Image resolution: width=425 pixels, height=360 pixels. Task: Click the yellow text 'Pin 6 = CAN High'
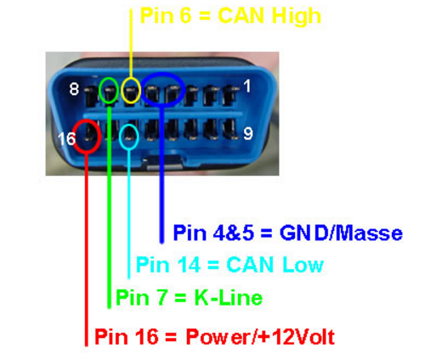230,17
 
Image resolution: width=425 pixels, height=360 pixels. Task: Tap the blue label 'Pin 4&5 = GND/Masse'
287,233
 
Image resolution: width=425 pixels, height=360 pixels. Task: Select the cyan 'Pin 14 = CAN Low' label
229,265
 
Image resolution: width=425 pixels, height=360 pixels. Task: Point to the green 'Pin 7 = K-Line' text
190,297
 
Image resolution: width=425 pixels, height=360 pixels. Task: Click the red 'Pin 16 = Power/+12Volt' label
215,337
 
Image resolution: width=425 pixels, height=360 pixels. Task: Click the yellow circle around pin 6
122,91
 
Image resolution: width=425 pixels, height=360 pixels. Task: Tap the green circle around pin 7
99,91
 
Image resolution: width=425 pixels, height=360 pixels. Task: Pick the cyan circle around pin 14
120,137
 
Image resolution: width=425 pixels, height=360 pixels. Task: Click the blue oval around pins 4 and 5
143,90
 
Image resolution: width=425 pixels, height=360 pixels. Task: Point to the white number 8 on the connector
74,89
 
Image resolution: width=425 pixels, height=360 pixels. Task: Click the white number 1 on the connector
247,86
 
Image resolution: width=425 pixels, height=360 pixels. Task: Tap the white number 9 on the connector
248,133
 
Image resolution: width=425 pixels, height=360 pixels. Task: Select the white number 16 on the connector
67,138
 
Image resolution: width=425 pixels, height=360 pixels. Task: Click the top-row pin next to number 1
229,94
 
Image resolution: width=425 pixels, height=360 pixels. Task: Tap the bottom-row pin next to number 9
229,129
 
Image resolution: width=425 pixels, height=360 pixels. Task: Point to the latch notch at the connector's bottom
164,162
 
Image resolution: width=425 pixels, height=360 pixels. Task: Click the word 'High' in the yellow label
296,17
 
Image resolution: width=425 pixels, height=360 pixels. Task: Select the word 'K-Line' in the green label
229,297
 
